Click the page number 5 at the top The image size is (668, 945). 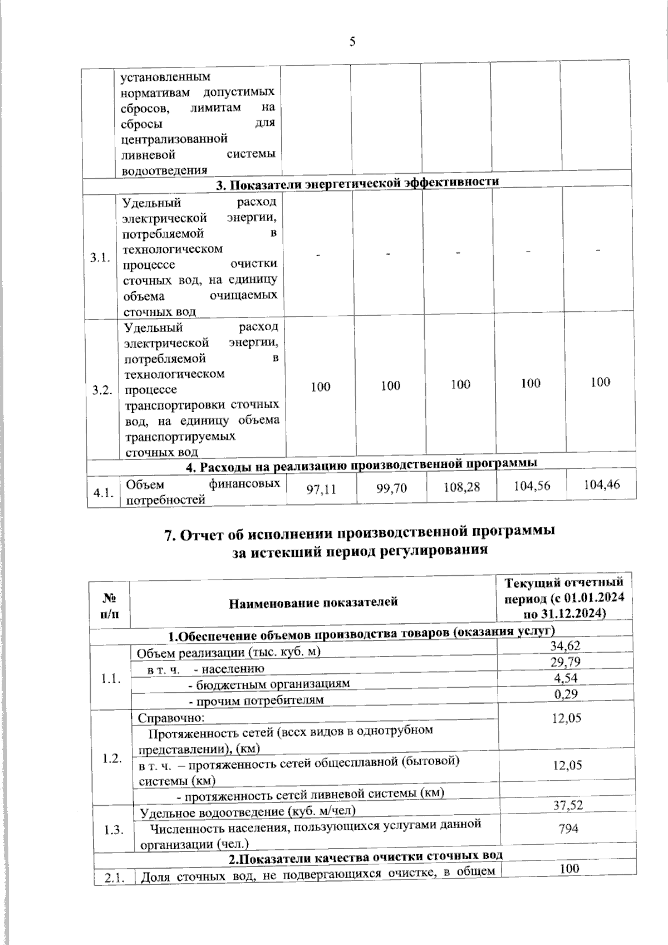click(352, 42)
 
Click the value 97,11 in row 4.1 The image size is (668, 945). click(322, 489)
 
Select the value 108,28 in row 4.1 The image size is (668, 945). click(461, 487)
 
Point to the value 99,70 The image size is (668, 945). click(391, 488)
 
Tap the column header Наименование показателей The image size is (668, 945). click(313, 602)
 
